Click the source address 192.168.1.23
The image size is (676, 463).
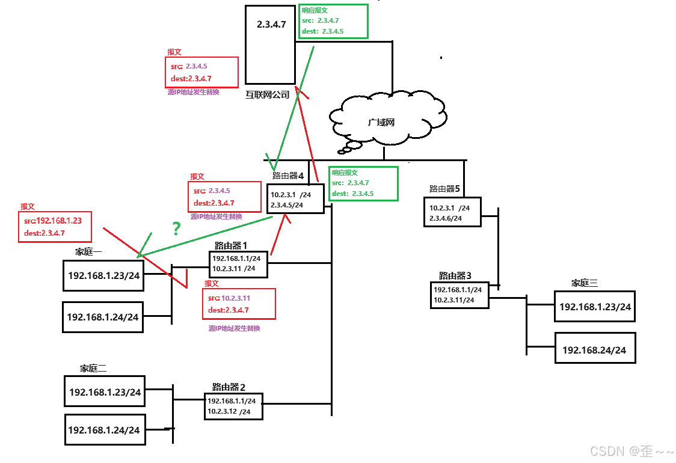click(x=59, y=221)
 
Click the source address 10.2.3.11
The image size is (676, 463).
click(x=236, y=298)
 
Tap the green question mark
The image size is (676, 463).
click(x=176, y=228)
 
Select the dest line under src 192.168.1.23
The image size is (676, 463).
click(x=45, y=233)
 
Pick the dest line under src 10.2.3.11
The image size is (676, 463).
click(x=229, y=310)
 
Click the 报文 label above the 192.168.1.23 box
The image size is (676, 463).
click(x=28, y=206)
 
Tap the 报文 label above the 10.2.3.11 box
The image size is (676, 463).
click(x=212, y=283)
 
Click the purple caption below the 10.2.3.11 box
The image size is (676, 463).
click(x=235, y=328)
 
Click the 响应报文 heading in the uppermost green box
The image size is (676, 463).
click(x=315, y=10)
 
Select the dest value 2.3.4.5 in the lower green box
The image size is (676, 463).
click(x=363, y=194)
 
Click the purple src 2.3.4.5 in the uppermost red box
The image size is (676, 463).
click(x=196, y=66)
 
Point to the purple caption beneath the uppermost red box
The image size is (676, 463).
click(x=194, y=92)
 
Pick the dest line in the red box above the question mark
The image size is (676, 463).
click(x=214, y=203)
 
